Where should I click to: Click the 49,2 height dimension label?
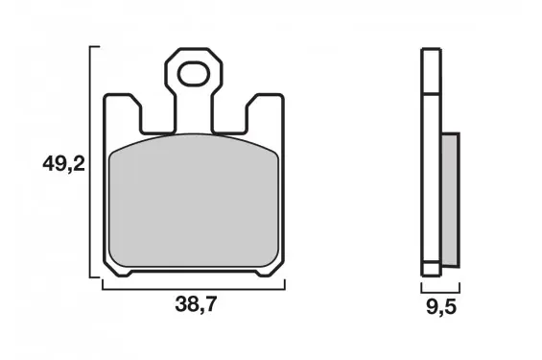pos(63,164)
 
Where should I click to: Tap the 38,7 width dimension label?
pos(196,304)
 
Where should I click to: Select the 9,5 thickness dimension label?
pos(441,307)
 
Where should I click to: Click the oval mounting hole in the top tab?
pos(194,74)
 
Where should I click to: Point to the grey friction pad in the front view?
pos(194,201)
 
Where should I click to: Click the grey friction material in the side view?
pos(451,200)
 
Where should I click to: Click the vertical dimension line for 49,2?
pos(90,161)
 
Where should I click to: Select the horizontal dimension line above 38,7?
pos(194,289)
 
